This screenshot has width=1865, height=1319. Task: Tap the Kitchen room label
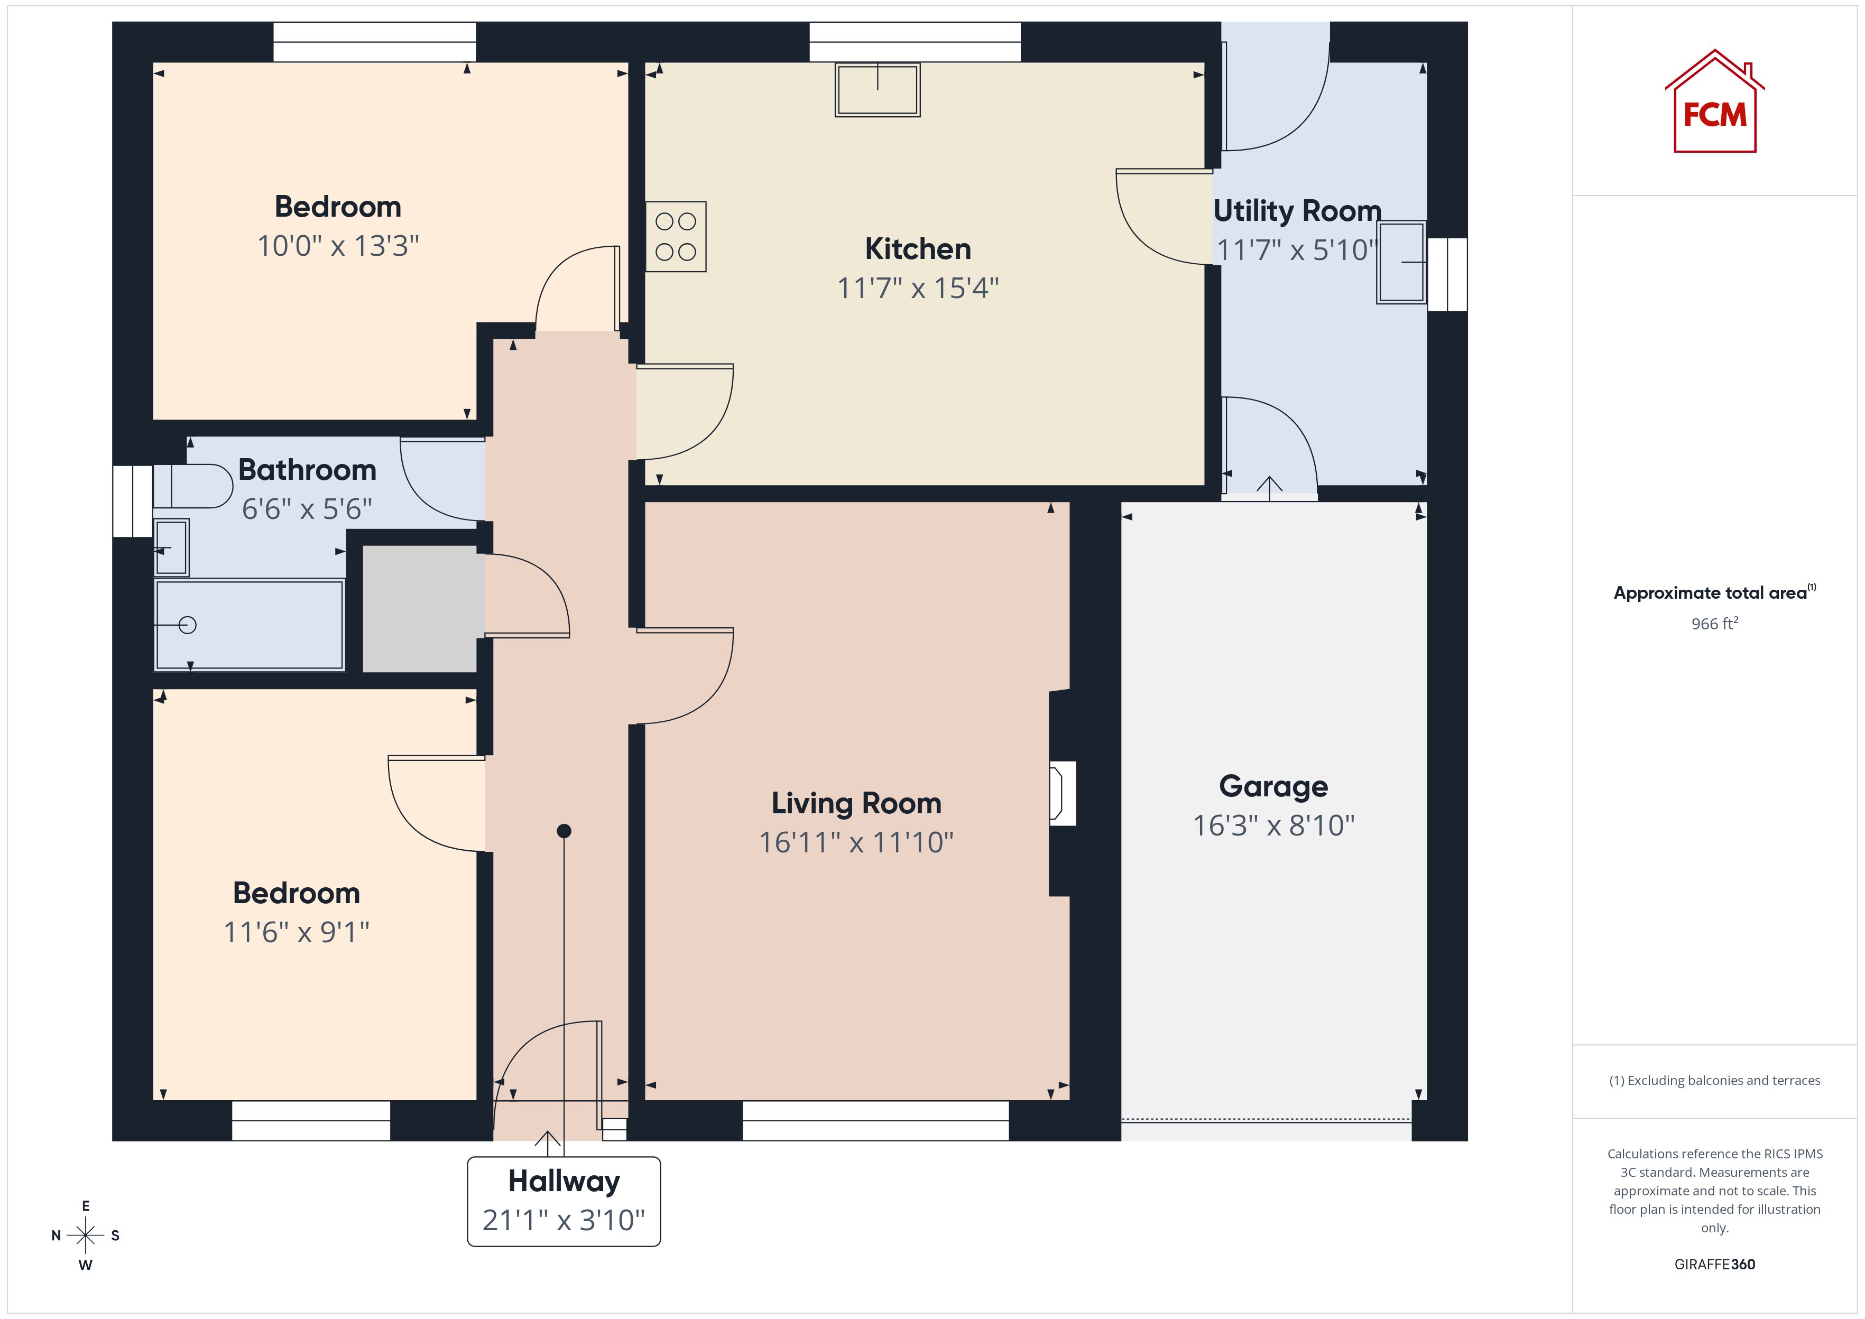click(918, 248)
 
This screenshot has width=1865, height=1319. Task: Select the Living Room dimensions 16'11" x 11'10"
click(856, 842)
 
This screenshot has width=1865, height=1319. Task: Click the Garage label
click(1273, 786)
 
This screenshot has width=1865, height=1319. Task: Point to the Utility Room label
click(1297, 210)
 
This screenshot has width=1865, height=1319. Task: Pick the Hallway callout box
click(564, 1201)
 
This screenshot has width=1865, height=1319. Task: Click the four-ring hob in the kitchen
click(676, 236)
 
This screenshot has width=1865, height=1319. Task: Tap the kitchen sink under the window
click(878, 89)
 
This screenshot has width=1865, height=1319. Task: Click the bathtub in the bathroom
click(250, 625)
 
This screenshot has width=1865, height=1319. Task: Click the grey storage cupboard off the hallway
click(419, 608)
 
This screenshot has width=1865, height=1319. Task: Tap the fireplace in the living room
click(1063, 794)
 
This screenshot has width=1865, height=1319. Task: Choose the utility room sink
click(1401, 262)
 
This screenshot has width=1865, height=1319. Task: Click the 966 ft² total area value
click(1715, 623)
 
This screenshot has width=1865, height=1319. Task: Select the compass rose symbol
click(85, 1236)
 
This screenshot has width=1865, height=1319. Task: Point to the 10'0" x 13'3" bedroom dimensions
click(338, 245)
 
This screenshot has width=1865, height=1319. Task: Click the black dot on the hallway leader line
click(564, 831)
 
